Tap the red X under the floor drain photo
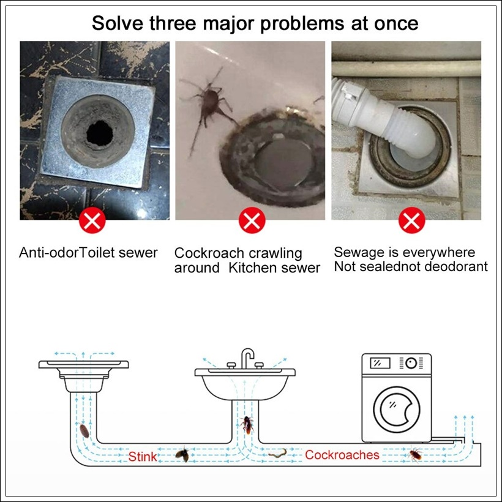pos(92,220)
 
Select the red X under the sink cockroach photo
pos(252,220)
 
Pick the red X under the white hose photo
pos(412,220)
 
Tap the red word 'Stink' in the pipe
pos(143,457)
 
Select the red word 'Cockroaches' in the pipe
pos(342,455)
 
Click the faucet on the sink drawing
pos(247,358)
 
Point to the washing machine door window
pos(397,410)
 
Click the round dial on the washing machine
pos(411,363)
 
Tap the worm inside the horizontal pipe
pos(277,454)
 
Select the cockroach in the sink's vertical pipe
pos(247,424)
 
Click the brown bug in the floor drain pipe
pos(84,430)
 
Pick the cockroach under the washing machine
pos(416,455)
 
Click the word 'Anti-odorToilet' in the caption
pos(67,253)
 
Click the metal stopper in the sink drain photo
pos(282,162)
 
